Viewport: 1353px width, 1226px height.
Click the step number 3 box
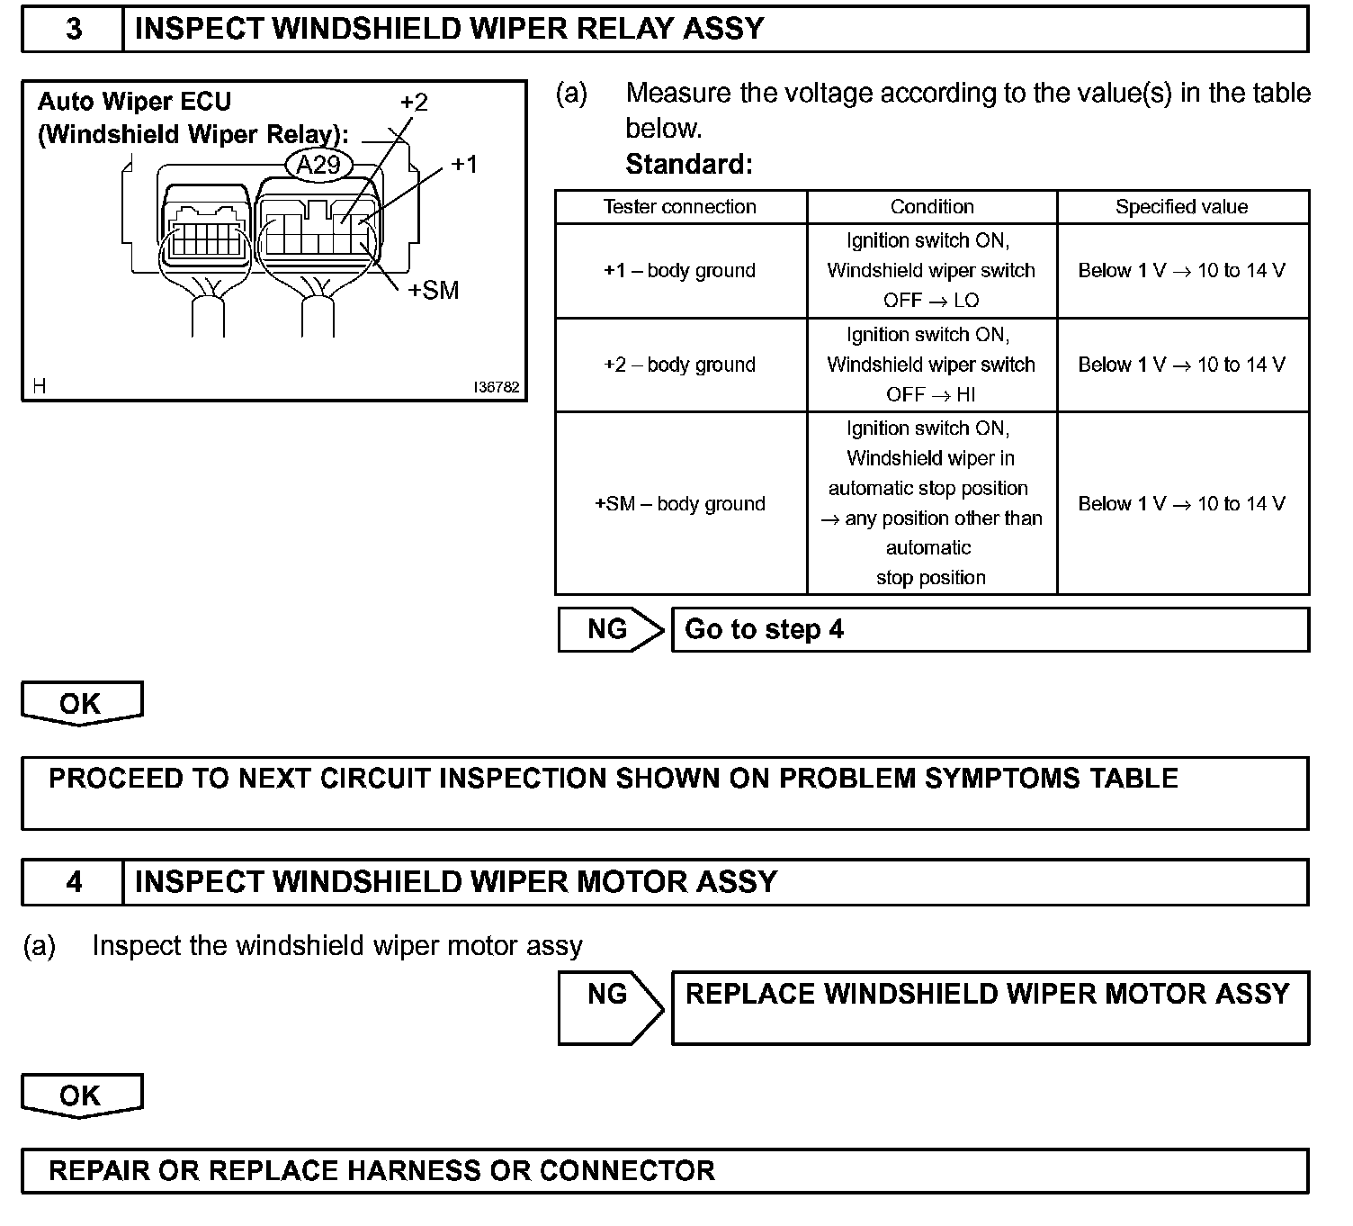point(73,29)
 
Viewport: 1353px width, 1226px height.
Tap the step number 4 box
point(73,881)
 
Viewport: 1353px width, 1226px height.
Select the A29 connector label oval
point(318,165)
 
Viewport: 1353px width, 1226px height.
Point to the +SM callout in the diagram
point(433,290)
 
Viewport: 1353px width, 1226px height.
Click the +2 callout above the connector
point(414,102)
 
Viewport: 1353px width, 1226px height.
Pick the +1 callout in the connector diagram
point(464,164)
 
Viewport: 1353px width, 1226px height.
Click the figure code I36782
point(497,387)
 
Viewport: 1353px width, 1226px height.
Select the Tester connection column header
point(680,207)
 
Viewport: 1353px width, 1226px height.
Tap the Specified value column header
point(1181,207)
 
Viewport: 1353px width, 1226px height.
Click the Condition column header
point(932,207)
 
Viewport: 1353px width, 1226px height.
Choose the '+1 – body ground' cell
point(680,271)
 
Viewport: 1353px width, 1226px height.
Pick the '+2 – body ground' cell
point(680,365)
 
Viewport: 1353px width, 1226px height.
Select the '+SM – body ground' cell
point(680,504)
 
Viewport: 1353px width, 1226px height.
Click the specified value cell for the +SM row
point(1181,504)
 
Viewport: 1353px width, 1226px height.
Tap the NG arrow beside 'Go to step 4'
point(609,629)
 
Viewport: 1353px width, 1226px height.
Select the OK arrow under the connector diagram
point(81,703)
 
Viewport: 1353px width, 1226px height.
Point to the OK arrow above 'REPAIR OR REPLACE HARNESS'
point(81,1095)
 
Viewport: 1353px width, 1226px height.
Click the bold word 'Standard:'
point(689,164)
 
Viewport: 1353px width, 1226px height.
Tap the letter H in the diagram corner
point(39,386)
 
